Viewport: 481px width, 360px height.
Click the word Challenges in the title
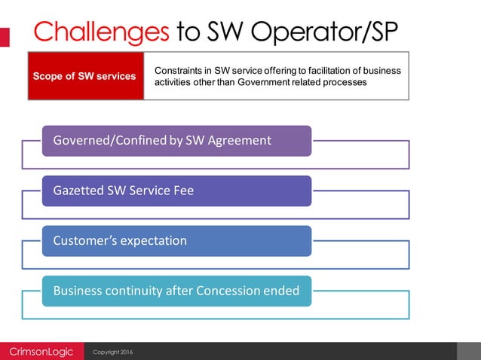(101, 31)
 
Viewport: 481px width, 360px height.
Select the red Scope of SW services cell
(85, 76)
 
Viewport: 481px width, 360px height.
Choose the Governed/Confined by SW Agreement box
(176, 141)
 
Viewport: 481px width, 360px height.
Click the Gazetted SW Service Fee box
(176, 191)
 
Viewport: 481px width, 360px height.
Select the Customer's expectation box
(176, 241)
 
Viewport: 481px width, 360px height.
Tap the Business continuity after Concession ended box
(176, 291)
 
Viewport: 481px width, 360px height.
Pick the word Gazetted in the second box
(78, 191)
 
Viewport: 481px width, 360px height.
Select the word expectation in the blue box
(151, 241)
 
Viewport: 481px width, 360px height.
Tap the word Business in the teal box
(78, 291)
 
